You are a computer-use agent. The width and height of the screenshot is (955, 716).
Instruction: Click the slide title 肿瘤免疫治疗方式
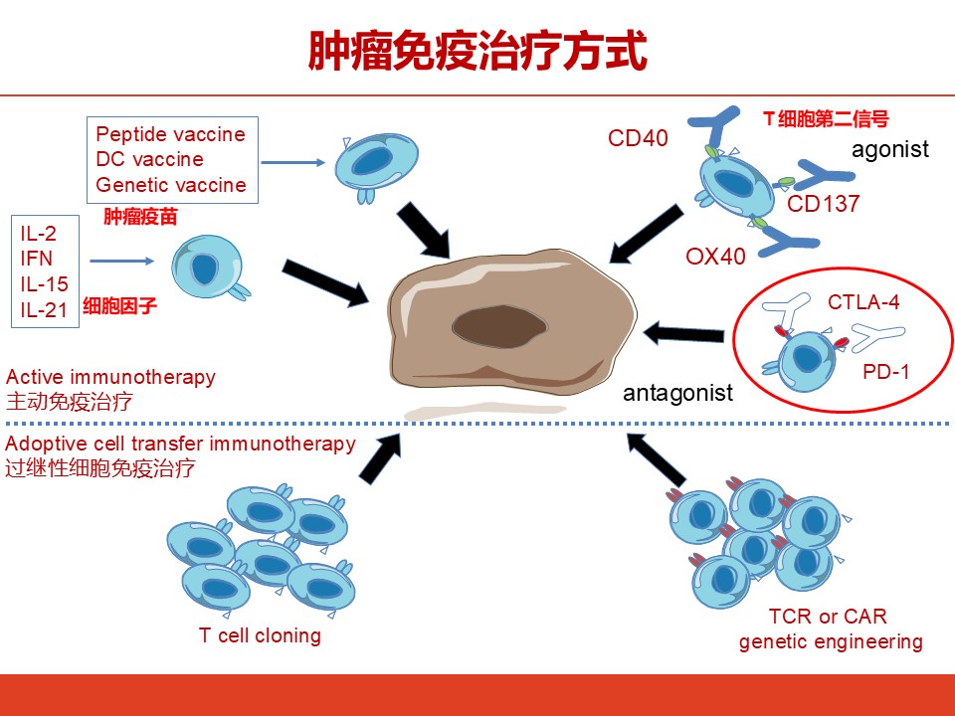[x=477, y=51]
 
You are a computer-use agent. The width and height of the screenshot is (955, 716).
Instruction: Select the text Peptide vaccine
[x=170, y=134]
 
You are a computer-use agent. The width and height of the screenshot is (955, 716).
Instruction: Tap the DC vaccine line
[x=150, y=159]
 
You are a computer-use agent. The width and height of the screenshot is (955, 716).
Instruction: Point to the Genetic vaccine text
[x=171, y=185]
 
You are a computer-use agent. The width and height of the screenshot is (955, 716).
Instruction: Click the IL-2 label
[x=39, y=233]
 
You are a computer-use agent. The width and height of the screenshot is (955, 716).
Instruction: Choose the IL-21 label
[x=44, y=310]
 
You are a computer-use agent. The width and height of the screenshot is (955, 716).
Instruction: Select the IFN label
[x=37, y=259]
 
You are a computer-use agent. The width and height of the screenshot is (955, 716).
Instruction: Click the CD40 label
[x=638, y=138]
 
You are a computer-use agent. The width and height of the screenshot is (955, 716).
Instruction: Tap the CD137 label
[x=823, y=203]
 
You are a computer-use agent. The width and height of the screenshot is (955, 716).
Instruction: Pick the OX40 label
[x=715, y=257]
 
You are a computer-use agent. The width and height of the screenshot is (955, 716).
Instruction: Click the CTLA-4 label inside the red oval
[x=863, y=302]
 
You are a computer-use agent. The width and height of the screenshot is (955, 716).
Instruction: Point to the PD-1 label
[x=886, y=371]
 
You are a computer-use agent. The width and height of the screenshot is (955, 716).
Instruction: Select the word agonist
[x=889, y=150]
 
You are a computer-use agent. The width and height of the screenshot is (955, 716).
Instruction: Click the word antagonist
[x=677, y=393]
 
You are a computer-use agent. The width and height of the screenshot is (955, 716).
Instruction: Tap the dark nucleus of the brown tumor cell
[x=498, y=326]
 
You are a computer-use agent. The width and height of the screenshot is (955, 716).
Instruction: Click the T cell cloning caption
[x=260, y=635]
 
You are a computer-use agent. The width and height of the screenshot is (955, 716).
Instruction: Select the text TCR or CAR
[x=827, y=617]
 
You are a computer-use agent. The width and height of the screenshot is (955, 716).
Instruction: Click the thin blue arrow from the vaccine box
[x=293, y=162]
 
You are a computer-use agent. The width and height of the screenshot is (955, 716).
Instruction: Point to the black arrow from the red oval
[x=683, y=334]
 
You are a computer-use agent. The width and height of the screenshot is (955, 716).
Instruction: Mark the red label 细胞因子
[x=120, y=305]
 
